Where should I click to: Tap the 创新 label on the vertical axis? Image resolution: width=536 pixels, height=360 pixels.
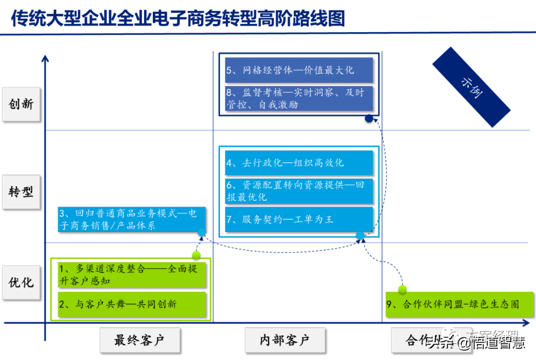(21, 104)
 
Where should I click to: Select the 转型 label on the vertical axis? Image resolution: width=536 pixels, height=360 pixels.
(21, 192)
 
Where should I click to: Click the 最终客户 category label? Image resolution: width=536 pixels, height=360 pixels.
(139, 340)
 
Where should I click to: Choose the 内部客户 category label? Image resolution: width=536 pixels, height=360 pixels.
(285, 340)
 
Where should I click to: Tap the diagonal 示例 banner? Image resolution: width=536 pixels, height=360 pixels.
(470, 87)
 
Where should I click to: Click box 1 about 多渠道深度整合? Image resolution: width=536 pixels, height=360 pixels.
(131, 274)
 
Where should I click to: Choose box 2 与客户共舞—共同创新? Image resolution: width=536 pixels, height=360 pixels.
(131, 304)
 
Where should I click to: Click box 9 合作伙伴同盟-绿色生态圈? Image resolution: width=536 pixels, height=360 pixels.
(459, 304)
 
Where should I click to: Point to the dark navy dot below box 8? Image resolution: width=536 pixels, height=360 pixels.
(369, 119)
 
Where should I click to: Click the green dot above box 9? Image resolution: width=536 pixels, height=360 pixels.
(402, 289)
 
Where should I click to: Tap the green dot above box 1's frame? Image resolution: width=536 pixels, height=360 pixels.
(196, 255)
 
